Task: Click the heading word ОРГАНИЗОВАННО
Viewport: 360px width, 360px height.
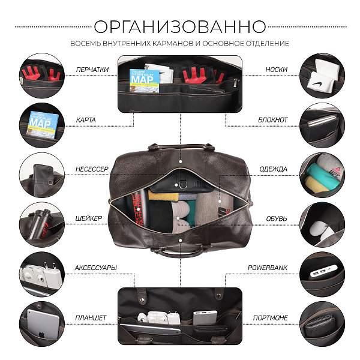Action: [180, 27]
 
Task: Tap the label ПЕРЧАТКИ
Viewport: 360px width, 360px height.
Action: [92, 70]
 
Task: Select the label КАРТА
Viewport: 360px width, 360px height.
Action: [85, 120]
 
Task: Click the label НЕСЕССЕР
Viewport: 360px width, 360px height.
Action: [91, 169]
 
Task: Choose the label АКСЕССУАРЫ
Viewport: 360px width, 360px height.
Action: [95, 268]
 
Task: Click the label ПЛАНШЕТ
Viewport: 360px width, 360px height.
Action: [91, 317]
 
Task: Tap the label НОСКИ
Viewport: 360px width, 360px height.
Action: [276, 70]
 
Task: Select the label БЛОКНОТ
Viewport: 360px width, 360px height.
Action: [273, 120]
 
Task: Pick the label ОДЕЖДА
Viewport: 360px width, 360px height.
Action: [274, 169]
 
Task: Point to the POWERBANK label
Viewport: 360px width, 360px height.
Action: [268, 268]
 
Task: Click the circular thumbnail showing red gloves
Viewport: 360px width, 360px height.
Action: [41, 75]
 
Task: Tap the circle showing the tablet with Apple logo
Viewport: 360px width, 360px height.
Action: [41, 323]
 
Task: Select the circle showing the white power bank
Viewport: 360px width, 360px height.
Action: [322, 274]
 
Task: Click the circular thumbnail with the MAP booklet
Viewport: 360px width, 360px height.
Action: [41, 125]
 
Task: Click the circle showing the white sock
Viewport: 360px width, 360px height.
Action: [322, 75]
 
